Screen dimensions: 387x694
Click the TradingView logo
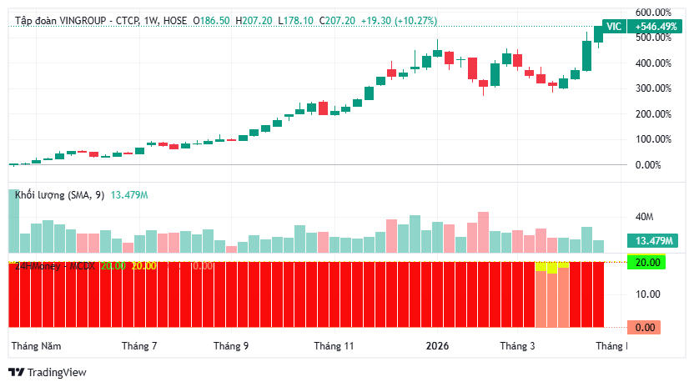coord(47,373)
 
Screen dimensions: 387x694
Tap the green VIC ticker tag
coord(614,27)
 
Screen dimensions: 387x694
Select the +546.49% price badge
coord(656,27)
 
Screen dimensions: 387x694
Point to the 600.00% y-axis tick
coord(654,13)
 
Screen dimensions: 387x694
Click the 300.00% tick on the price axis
coord(654,88)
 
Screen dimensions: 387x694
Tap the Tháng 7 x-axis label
coord(139,345)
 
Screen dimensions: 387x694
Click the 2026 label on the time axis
coord(437,345)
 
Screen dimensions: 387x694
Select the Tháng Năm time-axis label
coord(36,345)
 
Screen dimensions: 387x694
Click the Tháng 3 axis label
coord(518,345)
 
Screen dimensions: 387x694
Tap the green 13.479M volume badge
coord(654,241)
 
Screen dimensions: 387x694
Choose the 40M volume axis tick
coord(644,217)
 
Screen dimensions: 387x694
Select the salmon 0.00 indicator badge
coord(645,327)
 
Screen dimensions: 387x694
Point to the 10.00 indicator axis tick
coord(647,294)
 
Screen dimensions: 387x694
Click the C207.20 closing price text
coord(337,20)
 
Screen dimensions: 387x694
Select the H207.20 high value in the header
coord(254,20)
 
